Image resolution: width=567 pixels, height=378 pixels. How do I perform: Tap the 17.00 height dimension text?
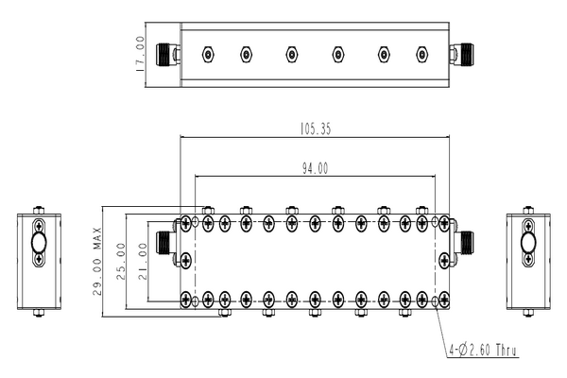[141, 55]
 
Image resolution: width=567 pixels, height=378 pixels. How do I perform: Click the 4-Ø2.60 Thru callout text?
[487, 354]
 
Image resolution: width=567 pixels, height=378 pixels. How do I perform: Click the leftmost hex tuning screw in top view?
[207, 54]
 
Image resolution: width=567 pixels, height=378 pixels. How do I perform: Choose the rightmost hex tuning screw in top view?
[422, 54]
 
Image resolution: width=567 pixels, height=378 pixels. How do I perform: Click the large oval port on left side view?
[39, 254]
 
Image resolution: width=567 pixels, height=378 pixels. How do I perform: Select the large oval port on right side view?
[527, 254]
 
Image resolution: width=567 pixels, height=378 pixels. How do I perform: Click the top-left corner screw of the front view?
[186, 223]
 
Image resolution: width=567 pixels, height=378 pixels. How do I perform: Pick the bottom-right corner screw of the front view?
[444, 301]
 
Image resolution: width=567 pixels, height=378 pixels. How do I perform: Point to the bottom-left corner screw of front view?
[186, 301]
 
